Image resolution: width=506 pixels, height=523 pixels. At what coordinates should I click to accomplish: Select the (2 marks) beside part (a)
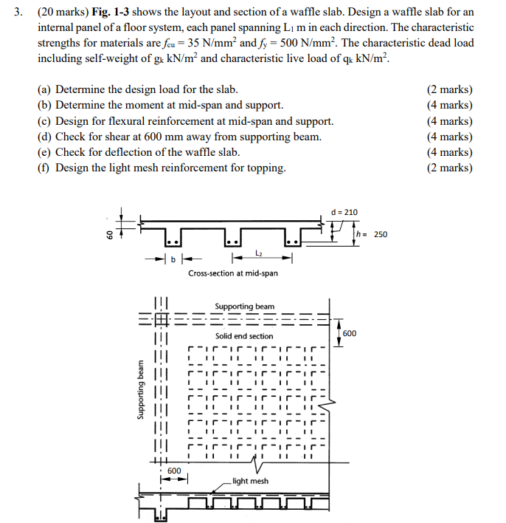click(450, 90)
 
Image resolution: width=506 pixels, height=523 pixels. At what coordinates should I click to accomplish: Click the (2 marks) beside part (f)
click(450, 168)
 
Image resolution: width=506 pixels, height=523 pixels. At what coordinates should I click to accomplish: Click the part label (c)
click(45, 121)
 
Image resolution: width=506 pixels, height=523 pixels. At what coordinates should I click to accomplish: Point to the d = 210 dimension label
click(345, 212)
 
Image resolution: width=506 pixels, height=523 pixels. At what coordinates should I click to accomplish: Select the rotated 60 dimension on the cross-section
click(106, 235)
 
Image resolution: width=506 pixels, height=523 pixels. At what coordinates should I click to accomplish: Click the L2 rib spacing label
click(259, 253)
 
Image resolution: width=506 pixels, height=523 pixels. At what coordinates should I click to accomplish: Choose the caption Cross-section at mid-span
click(233, 273)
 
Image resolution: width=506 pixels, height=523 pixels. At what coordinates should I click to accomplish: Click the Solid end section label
click(244, 336)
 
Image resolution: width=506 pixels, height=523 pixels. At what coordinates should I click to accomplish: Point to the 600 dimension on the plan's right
click(350, 333)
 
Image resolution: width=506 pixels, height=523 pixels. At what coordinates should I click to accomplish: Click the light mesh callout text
click(250, 481)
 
